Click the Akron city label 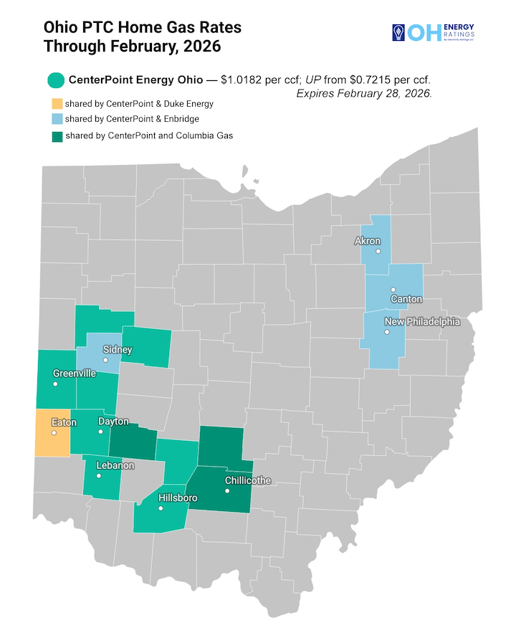[368, 241]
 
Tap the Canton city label [406, 299]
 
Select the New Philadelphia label [422, 322]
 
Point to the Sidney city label [118, 350]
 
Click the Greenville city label [75, 373]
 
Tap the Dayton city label [113, 421]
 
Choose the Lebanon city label [115, 465]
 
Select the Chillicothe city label [247, 480]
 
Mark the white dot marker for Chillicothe [227, 491]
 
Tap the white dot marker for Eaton [54, 433]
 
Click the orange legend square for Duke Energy [57, 104]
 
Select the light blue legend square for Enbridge [57, 119]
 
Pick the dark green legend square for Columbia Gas [57, 135]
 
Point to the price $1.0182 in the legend [245, 80]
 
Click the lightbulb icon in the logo [396, 32]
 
